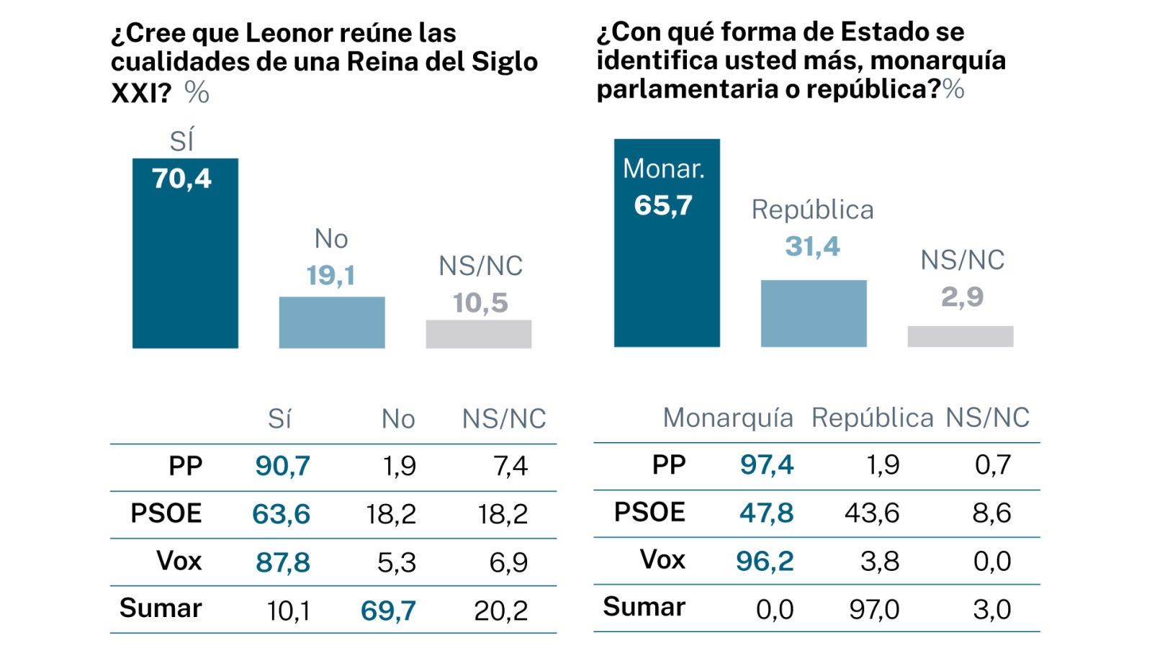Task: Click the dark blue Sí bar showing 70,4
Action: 185,266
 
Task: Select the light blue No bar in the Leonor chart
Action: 332,323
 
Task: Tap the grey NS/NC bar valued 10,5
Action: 479,334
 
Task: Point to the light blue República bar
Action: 814,314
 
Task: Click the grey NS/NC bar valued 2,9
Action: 960,336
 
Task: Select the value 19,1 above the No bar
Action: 330,275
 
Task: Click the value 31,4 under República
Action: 812,246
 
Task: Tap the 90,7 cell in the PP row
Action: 282,466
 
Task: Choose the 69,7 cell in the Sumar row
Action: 388,611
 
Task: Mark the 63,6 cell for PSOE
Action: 281,514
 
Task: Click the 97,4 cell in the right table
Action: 767,464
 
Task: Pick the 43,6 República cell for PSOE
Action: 872,513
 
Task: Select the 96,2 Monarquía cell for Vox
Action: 765,561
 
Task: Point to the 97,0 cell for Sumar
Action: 874,609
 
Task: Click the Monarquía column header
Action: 728,418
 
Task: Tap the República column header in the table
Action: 872,418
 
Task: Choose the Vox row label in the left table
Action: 179,561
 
